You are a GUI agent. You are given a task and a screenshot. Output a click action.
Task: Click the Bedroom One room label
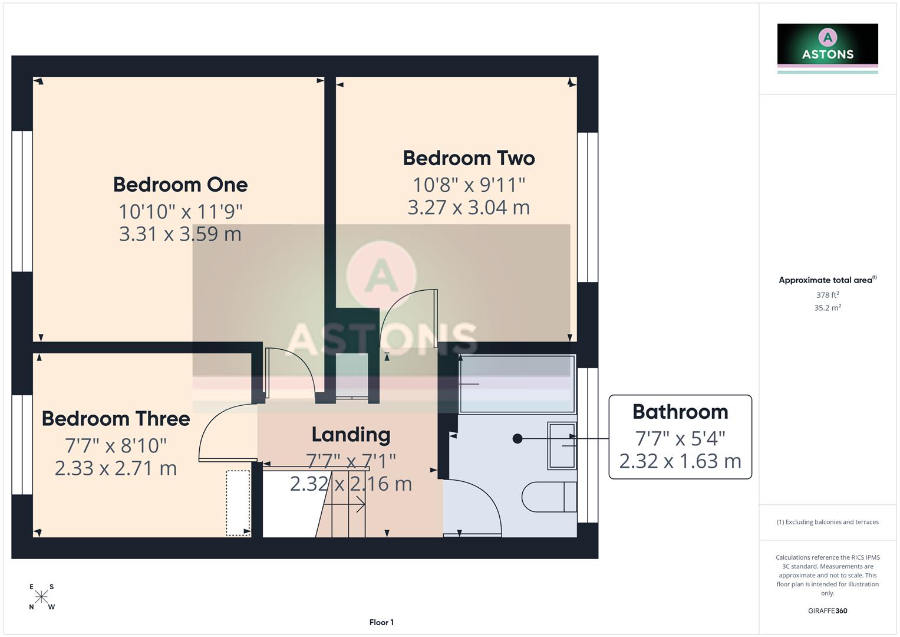180,185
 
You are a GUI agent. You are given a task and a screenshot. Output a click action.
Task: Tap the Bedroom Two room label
469,158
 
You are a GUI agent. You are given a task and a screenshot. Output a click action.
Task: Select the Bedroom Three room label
116,419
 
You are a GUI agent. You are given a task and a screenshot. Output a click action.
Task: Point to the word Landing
351,435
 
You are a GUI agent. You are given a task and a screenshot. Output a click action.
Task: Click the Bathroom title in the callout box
680,412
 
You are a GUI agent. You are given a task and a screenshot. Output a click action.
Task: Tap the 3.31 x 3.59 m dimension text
180,234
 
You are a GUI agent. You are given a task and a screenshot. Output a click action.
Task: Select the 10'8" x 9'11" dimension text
469,185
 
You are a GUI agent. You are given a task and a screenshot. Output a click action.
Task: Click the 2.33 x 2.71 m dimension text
116,468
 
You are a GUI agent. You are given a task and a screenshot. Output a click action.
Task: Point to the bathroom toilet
549,497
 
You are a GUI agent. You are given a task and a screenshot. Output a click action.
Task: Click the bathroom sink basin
562,446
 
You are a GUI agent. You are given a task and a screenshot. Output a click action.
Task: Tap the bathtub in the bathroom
516,384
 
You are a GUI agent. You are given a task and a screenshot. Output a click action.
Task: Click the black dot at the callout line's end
517,438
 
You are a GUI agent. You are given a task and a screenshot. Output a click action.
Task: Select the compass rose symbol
41,596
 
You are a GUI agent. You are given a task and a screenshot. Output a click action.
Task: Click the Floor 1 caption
381,622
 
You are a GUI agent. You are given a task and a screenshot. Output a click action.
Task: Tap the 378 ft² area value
828,295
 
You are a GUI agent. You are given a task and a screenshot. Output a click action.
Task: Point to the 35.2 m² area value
828,308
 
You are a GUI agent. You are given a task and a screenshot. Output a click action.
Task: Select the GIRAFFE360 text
828,611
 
